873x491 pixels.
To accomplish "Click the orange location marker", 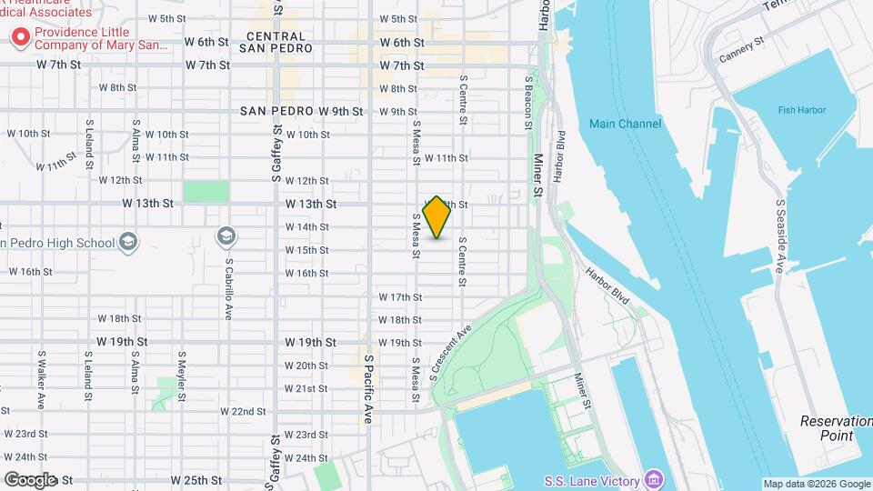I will coord(437,216).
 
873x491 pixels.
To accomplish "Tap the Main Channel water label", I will coord(625,124).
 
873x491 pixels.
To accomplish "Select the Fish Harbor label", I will coord(799,110).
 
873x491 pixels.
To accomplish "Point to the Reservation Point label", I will coord(827,428).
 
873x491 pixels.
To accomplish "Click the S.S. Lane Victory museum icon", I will coord(653,479).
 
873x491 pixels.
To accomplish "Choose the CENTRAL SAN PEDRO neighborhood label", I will coord(279,42).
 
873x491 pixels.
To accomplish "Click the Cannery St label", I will coord(738,56).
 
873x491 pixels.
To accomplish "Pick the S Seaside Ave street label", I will coord(780,236).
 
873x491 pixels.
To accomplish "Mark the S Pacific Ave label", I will coord(369,389).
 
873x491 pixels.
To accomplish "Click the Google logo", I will coord(30,480).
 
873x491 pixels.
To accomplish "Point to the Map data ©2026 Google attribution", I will coord(816,484).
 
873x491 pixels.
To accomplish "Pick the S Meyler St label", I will coord(182,376).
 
